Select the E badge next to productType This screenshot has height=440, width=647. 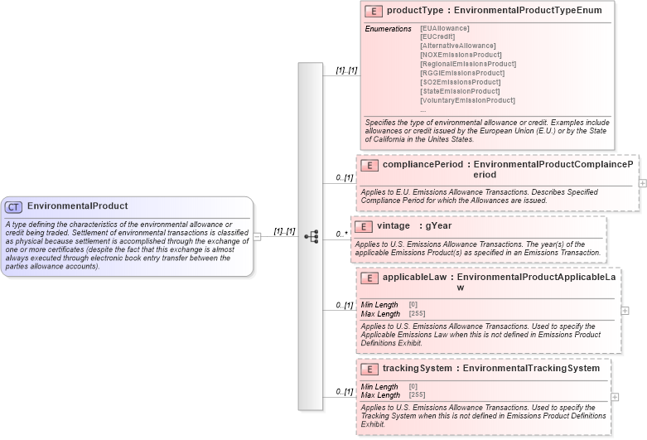pyautogui.click(x=374, y=11)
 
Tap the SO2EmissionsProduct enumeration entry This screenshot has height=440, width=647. pyautogui.click(x=461, y=82)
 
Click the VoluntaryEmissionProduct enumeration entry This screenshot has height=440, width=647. pyautogui.click(x=467, y=100)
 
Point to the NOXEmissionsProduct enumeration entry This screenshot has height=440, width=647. pyautogui.click(x=461, y=55)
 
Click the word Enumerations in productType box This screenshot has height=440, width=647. pyautogui.click(x=388, y=29)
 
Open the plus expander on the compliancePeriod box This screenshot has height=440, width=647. pyautogui.click(x=643, y=181)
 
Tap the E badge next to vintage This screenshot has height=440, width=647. pyautogui.click(x=365, y=225)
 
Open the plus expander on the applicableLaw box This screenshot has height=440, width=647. pyautogui.click(x=625, y=311)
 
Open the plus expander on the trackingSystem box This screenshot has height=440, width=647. pyautogui.click(x=615, y=397)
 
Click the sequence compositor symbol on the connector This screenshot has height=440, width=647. pyautogui.click(x=311, y=236)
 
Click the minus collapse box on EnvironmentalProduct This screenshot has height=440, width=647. pyautogui.click(x=258, y=236)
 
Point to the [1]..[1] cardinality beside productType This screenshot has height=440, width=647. pyautogui.click(x=346, y=70)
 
